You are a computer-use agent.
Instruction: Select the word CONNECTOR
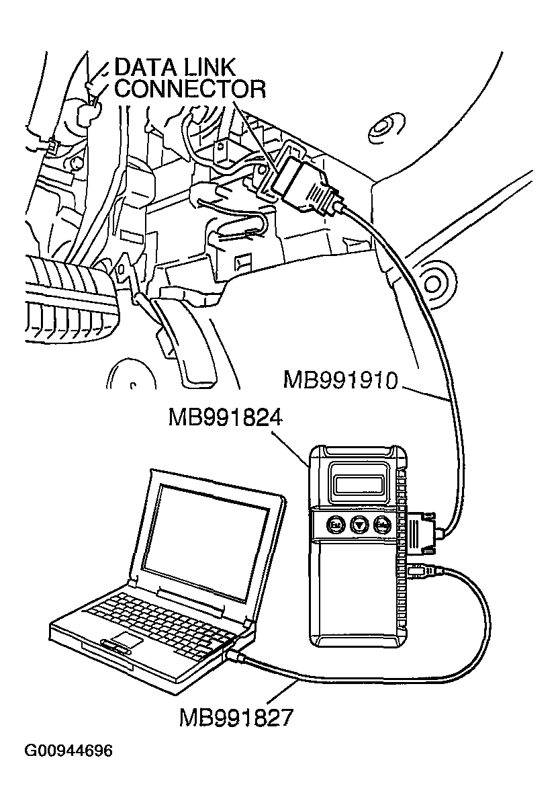pos(190,89)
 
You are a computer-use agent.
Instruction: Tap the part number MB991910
pos(340,381)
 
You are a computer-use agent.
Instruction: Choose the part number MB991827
pos(236,718)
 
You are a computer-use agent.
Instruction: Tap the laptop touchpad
pos(127,639)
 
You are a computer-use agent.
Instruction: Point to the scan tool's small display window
pos(359,482)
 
